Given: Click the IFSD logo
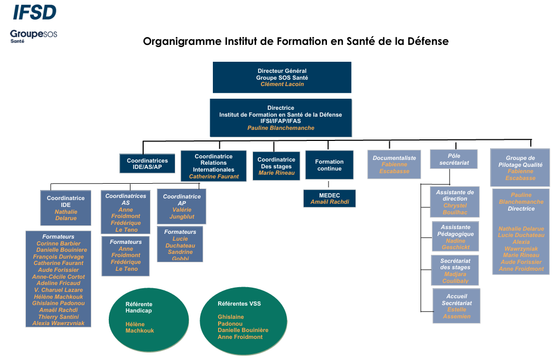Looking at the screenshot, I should (34, 12).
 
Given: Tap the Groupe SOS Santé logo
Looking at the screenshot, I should (33, 36).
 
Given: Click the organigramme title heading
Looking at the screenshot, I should (296, 41).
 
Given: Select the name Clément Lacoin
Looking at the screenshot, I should (282, 84).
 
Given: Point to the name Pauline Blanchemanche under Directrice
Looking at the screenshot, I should (280, 128).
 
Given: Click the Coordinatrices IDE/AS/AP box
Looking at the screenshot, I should (147, 164).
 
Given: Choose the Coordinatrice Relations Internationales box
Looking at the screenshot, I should (213, 166).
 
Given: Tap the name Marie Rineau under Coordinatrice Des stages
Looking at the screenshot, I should (276, 173).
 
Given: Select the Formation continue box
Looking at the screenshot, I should (329, 165).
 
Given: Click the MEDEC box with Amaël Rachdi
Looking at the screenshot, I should (330, 198).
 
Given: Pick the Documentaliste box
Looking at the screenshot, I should (394, 164).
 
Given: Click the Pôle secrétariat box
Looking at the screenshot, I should (454, 159).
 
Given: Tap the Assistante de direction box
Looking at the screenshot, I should (455, 202).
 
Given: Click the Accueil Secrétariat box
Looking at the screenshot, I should (456, 306).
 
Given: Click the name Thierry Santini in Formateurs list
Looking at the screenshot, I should (58, 317).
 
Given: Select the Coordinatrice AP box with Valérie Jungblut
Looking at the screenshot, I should (181, 206).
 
